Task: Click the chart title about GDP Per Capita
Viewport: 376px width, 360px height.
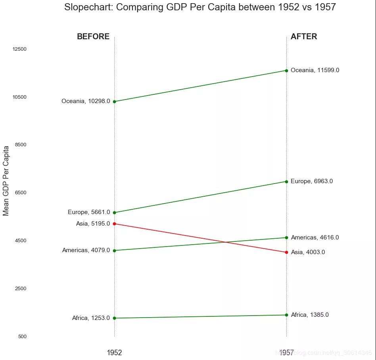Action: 200,7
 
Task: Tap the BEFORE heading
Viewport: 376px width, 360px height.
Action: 93,37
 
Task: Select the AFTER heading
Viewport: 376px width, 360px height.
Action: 304,37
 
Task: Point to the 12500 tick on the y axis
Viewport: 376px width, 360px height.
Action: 19,49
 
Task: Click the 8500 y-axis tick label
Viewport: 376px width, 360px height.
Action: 21,145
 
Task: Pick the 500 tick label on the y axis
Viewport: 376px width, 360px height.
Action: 22,337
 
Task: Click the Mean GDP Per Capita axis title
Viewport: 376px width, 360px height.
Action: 6,180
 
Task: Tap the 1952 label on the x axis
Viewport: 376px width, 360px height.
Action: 114,352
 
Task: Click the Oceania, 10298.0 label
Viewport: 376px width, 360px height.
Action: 86,101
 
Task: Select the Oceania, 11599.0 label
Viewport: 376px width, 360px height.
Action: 315,71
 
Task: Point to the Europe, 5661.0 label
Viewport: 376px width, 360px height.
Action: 89,213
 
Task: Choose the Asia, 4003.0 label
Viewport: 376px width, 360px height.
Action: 308,252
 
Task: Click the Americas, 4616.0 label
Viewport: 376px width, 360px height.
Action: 315,238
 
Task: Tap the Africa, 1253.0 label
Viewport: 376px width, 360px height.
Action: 91,318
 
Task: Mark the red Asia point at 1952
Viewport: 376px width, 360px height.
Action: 115,224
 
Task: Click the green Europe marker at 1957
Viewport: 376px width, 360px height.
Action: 286,182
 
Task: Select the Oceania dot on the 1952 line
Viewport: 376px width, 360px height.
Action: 115,102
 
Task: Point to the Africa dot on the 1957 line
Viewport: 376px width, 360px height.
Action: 286,315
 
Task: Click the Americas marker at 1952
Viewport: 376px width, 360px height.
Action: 115,251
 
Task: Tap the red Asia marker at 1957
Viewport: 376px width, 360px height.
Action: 286,252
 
